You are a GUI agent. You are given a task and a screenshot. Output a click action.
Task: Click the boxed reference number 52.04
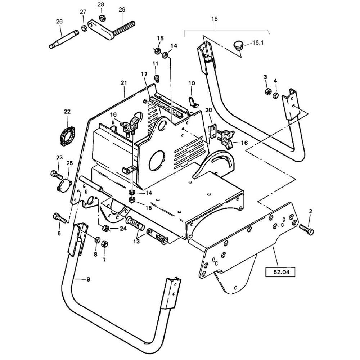pyautogui.click(x=280, y=272)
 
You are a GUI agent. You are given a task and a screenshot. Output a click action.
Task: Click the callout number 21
pyautogui.click(x=124, y=83)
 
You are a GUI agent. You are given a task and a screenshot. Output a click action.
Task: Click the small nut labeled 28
pyautogui.click(x=102, y=17)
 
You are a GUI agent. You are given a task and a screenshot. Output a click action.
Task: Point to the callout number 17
pyautogui.click(x=144, y=74)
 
